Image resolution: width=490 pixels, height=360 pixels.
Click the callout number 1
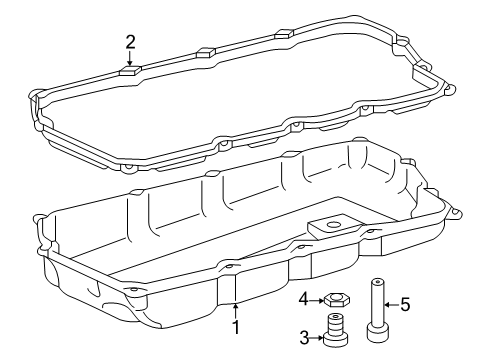236,325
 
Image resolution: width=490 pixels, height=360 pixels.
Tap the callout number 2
130,41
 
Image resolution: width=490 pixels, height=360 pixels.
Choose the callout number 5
406,305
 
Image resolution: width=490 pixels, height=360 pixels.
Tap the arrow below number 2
130,60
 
